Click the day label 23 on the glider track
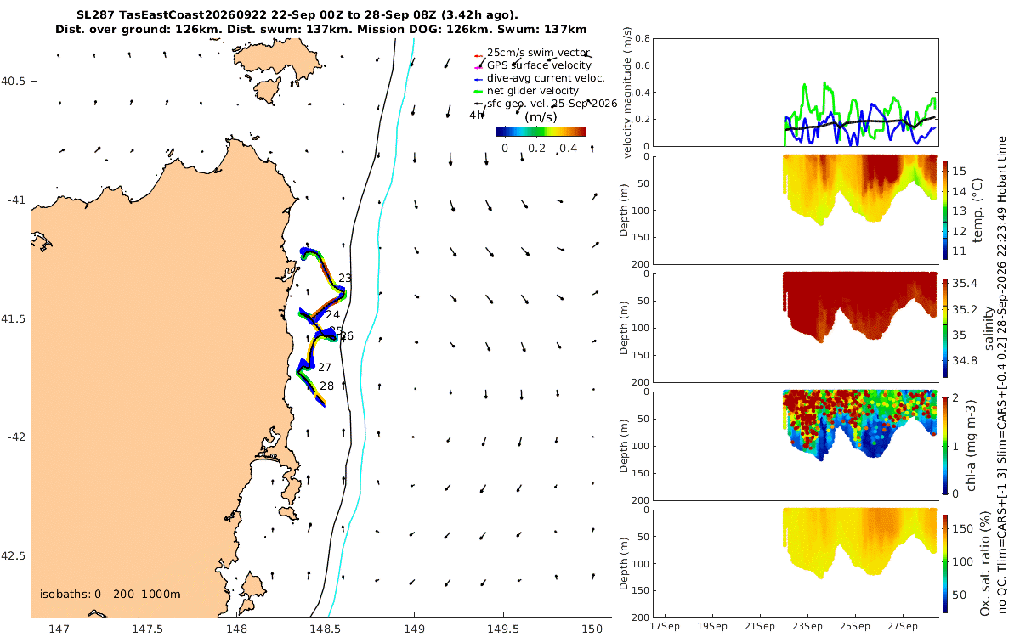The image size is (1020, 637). coord(345,278)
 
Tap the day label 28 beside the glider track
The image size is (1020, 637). coord(327,386)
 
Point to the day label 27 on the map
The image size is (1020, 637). coord(324,367)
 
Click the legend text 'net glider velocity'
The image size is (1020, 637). coord(533,91)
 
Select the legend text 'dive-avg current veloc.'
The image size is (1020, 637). coord(546,78)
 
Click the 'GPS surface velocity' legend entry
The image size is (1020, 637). coord(539,65)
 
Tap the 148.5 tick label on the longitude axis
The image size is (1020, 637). coord(325,629)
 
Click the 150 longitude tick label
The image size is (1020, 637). coord(592,629)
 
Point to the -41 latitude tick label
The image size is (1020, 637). coord(16,200)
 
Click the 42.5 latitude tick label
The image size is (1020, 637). coord(13,556)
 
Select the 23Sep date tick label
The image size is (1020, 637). coord(807,627)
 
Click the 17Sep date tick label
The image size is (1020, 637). coord(665,627)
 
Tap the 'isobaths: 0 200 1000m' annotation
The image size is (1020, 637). coord(110,595)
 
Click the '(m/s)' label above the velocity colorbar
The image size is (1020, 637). coord(541,117)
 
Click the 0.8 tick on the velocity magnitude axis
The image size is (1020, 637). coord(643,38)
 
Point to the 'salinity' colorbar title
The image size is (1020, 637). coord(989,329)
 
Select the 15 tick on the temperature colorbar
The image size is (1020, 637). coord(959,171)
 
